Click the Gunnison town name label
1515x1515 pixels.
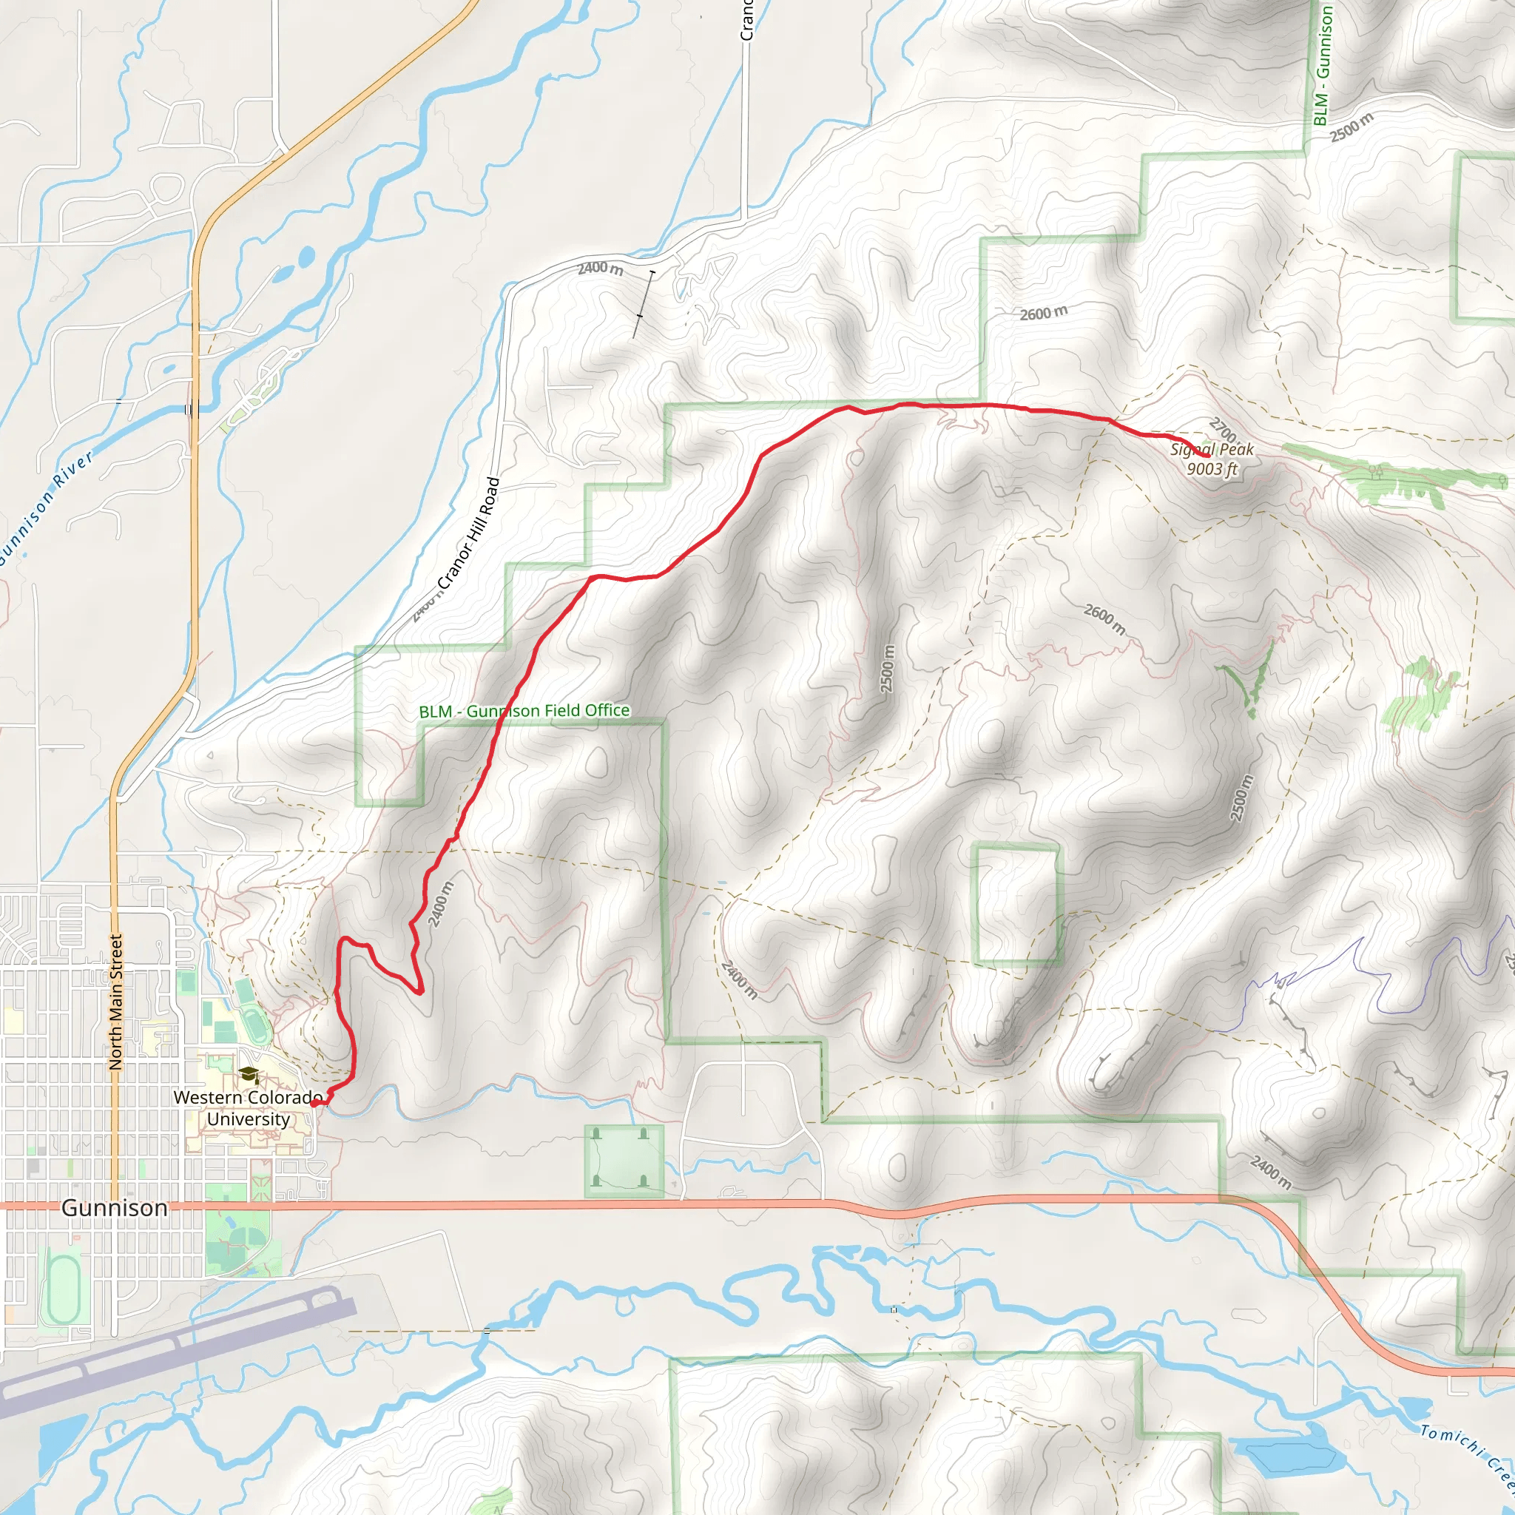pyautogui.click(x=115, y=1207)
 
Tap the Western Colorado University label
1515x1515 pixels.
pyautogui.click(x=248, y=1108)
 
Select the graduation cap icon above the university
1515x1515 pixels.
pyautogui.click(x=249, y=1074)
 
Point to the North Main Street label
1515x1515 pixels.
pyautogui.click(x=116, y=1002)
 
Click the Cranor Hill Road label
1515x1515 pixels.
pyautogui.click(x=468, y=533)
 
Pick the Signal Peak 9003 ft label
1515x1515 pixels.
pyautogui.click(x=1212, y=459)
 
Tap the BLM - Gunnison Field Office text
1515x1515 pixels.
pyautogui.click(x=524, y=711)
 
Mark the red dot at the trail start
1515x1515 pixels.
pyautogui.click(x=314, y=1103)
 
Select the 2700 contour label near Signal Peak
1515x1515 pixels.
pyautogui.click(x=1224, y=430)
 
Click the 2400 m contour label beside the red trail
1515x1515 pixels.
pyautogui.click(x=441, y=903)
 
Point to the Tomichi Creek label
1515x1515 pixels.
pyautogui.click(x=1466, y=1455)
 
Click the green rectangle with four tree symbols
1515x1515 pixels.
pyautogui.click(x=624, y=1161)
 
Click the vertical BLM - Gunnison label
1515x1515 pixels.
pyautogui.click(x=1322, y=66)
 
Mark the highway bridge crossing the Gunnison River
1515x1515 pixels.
pyautogui.click(x=192, y=408)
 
